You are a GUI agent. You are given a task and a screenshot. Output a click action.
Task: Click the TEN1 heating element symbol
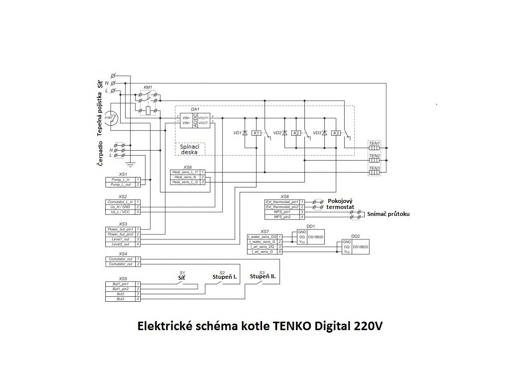(x=374, y=149)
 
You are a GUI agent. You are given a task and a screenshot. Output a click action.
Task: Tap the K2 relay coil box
(x=296, y=133)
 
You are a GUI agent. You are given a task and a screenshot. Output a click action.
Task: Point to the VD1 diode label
(x=237, y=133)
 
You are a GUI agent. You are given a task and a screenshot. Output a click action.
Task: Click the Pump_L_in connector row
(x=120, y=179)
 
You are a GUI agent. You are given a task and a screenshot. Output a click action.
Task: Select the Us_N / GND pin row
(x=120, y=206)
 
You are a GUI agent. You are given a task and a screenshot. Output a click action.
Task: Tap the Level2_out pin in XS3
(x=120, y=244)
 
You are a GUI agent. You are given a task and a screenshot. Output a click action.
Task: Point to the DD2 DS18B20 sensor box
(x=355, y=247)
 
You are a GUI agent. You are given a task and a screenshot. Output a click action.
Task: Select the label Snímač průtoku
(x=388, y=214)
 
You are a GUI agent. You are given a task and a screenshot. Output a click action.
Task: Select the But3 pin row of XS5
(x=120, y=299)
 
